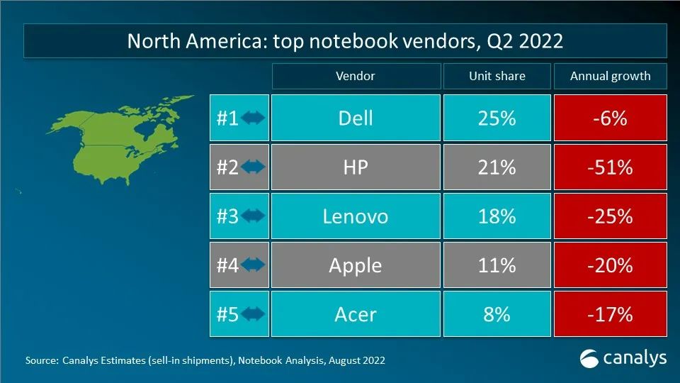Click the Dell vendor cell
pyautogui.click(x=355, y=118)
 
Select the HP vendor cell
pyautogui.click(x=355, y=167)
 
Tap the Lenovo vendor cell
pyautogui.click(x=355, y=216)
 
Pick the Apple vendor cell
pyautogui.click(x=355, y=265)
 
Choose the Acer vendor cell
pyautogui.click(x=355, y=313)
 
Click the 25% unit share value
pyautogui.click(x=497, y=118)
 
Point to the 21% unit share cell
pyautogui.click(x=497, y=167)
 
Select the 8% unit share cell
pyautogui.click(x=497, y=313)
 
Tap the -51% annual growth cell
pyautogui.click(x=610, y=167)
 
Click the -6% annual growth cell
pyautogui.click(x=610, y=118)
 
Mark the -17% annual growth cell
pyautogui.click(x=610, y=313)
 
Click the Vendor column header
pyautogui.click(x=355, y=76)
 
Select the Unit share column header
pyautogui.click(x=497, y=76)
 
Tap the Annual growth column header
pyautogui.click(x=610, y=76)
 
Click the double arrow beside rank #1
pyautogui.click(x=253, y=118)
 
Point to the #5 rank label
pyautogui.click(x=227, y=314)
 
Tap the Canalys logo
pyautogui.click(x=623, y=358)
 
